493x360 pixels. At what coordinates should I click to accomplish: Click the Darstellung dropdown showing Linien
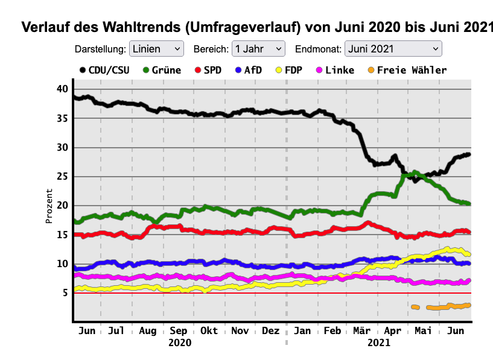point(156,49)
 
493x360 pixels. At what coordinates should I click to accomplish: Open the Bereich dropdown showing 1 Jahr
point(258,49)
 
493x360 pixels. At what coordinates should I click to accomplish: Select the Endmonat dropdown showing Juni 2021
point(393,49)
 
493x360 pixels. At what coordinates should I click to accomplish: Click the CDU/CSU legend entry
point(104,70)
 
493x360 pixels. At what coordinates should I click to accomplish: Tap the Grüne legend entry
point(162,70)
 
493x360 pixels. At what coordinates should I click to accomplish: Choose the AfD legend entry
point(248,70)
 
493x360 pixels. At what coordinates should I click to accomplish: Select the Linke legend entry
point(334,70)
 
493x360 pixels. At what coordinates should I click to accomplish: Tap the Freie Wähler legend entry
point(406,70)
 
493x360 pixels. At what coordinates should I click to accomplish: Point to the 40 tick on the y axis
point(62,89)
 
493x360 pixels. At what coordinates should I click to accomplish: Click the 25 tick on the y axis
point(62,177)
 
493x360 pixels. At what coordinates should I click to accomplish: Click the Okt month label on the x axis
point(209,330)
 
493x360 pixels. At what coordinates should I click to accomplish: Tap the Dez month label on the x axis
point(271,330)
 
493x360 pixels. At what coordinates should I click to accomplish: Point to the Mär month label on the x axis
point(361,330)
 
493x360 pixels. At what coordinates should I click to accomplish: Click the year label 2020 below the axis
point(179,343)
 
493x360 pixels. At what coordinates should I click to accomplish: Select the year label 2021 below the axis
point(378,343)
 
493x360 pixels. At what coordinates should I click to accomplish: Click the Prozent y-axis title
point(49,205)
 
